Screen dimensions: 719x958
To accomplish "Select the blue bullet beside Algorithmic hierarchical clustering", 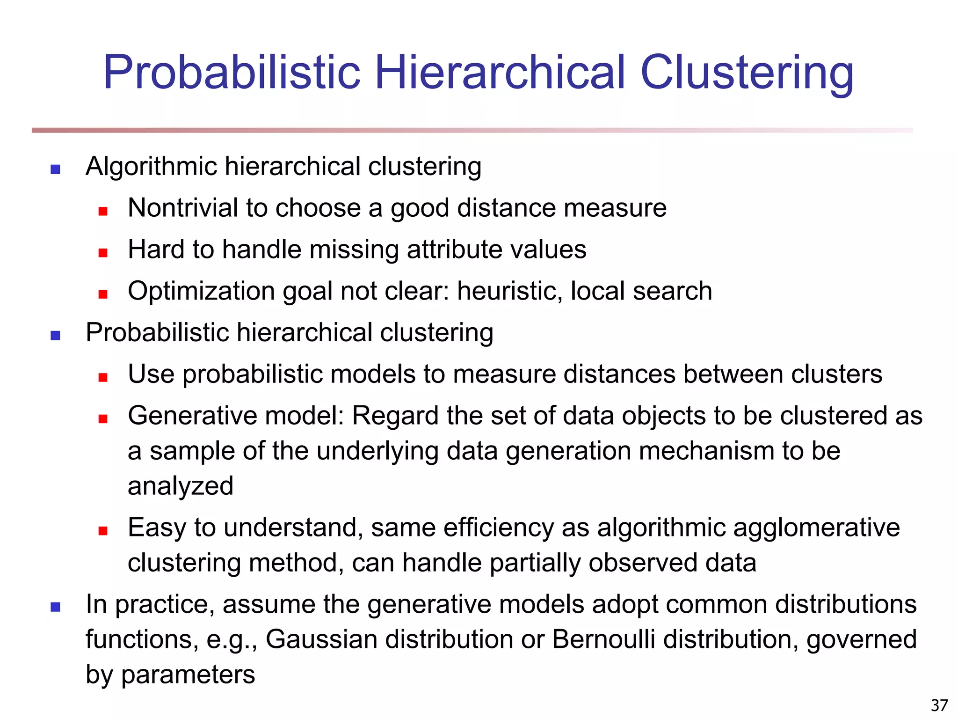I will tap(55, 169).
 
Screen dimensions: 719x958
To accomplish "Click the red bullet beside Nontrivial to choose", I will tap(103, 211).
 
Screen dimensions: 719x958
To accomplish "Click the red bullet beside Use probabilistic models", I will tap(103, 377).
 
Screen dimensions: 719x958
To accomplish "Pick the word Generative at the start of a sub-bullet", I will tap(192, 416).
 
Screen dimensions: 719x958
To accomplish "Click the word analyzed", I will tap(181, 486).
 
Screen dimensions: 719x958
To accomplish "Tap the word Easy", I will tap(157, 528).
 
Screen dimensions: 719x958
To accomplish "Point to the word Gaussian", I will tap(321, 639).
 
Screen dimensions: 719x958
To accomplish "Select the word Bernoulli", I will tap(603, 639).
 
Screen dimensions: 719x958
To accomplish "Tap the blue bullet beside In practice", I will tap(55, 607).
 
